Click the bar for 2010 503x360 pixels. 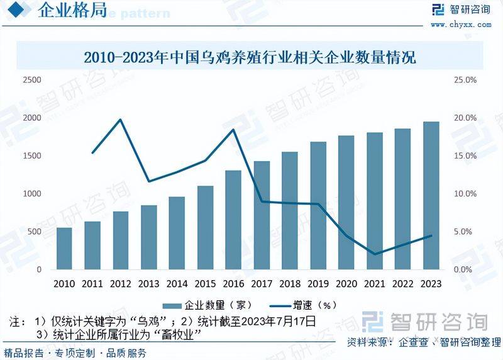coord(64,249)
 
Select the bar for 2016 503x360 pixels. coord(233,220)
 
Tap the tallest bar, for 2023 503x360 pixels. coord(431,196)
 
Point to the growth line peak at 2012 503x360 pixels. coord(121,119)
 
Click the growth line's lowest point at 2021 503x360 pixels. coord(375,254)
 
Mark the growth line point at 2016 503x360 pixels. coord(233,130)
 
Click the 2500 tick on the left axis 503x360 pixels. coord(31,80)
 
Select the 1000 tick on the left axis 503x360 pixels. coord(31,194)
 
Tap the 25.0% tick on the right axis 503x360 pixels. coord(466,80)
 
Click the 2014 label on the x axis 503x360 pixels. coord(177,284)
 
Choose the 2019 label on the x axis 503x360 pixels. coord(318,284)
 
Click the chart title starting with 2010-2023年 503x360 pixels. coord(250,59)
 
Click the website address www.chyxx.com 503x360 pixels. coord(461,25)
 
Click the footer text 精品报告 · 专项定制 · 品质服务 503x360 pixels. coord(75,352)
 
